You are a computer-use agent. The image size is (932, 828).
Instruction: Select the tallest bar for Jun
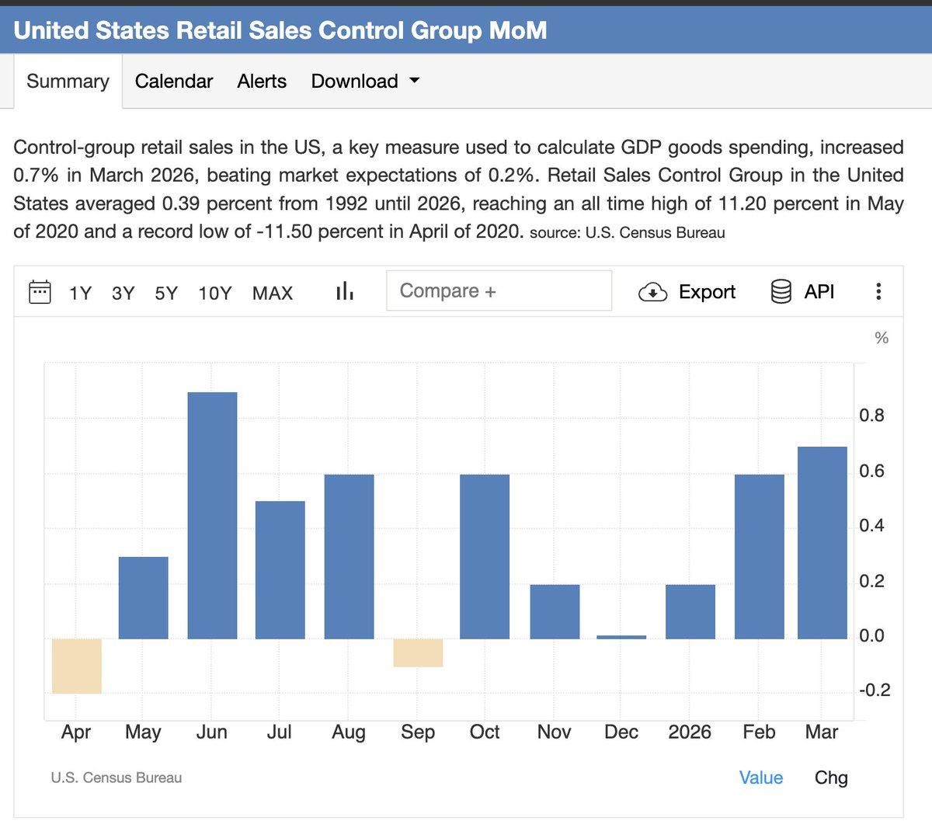click(x=212, y=515)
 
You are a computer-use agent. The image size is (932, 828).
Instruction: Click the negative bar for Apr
click(x=76, y=666)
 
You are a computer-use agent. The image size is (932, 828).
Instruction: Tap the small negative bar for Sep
click(x=418, y=652)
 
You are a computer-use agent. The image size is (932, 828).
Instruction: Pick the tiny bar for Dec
click(x=621, y=637)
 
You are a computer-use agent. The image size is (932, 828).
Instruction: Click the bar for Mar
click(x=822, y=542)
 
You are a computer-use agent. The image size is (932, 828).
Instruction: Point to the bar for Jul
click(x=280, y=569)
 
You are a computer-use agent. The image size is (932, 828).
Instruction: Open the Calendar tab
click(x=173, y=81)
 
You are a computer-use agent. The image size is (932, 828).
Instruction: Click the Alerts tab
click(x=262, y=81)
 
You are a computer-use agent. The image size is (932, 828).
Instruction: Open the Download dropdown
click(x=365, y=81)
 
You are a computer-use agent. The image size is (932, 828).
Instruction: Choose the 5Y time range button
click(x=166, y=293)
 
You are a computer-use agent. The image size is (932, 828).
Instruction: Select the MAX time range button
click(x=273, y=293)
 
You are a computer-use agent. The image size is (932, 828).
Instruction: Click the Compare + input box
click(x=499, y=290)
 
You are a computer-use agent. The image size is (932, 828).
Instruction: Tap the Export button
click(x=687, y=291)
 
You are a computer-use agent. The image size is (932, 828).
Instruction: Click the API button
click(x=802, y=291)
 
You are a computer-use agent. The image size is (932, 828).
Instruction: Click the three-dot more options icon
click(x=878, y=291)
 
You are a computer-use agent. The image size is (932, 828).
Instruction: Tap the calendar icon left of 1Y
click(x=40, y=292)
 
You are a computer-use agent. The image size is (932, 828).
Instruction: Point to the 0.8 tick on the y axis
click(x=871, y=416)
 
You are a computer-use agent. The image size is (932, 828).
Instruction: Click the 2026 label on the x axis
click(x=690, y=732)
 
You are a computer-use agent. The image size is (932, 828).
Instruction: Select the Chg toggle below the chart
click(x=831, y=778)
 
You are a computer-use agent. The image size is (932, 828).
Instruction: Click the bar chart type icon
click(x=344, y=292)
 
